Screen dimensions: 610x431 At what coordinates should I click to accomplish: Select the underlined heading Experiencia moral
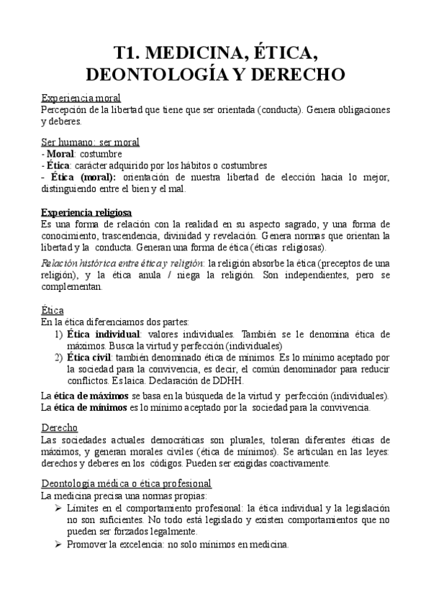[x=81, y=98]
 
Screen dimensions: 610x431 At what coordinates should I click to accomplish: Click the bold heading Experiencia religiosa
[x=86, y=213]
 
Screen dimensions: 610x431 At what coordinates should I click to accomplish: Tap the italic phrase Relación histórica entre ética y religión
[x=123, y=264]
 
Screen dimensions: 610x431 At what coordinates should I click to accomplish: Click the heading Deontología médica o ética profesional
[x=124, y=485]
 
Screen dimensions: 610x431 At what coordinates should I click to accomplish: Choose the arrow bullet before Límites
[x=58, y=509]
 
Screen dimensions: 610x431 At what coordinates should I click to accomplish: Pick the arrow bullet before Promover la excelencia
[x=58, y=545]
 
